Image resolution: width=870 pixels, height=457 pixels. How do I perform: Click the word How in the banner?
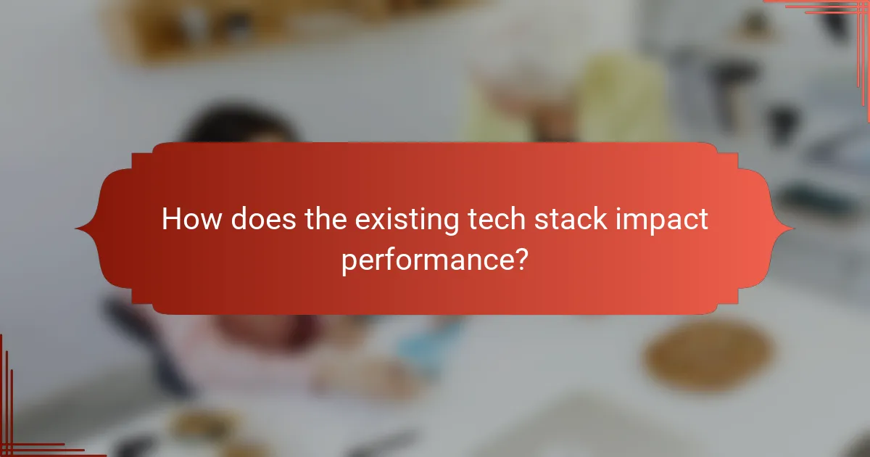point(191,218)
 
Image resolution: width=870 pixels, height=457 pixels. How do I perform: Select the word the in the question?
point(325,218)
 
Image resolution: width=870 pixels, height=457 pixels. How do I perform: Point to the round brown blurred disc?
point(707,355)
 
